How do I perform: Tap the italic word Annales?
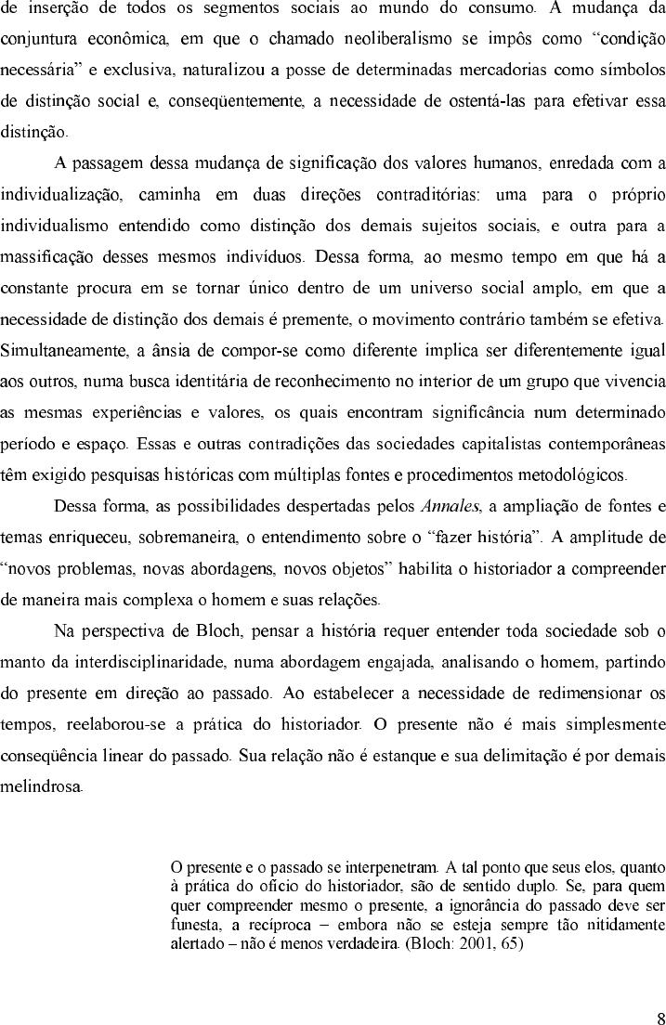[x=450, y=506]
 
